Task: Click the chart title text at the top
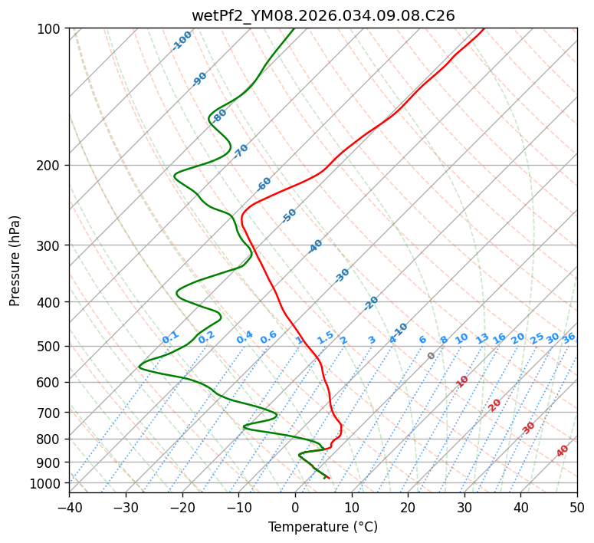coord(323,15)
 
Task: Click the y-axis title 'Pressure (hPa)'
coord(15,261)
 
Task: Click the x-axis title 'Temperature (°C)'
coord(323,527)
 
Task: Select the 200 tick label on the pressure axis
coord(51,165)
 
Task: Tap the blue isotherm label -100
coord(182,41)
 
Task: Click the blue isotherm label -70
coord(241,151)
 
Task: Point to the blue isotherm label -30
coord(342,275)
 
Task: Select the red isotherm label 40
coord(563,451)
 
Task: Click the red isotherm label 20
coord(495,404)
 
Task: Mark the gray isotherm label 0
coord(432,356)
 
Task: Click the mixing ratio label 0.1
coord(170,337)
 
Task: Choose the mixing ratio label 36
coord(569,337)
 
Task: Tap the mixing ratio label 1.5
coord(325,337)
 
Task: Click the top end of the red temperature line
coord(484,28)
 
